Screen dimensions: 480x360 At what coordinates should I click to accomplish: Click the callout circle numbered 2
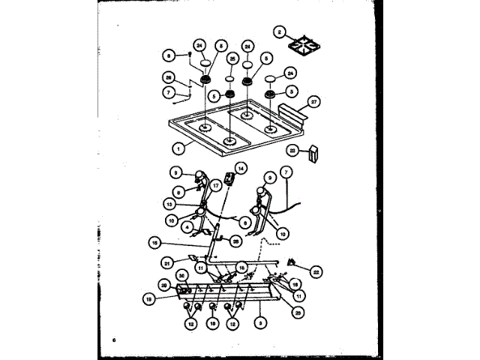(280, 31)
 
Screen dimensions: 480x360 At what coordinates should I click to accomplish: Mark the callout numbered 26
(169, 76)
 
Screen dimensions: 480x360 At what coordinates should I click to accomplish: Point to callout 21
(167, 262)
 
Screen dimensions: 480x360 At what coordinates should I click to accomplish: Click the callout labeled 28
(235, 240)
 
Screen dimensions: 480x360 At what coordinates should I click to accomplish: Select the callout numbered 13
(170, 202)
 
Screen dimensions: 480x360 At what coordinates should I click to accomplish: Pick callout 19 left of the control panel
(148, 298)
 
